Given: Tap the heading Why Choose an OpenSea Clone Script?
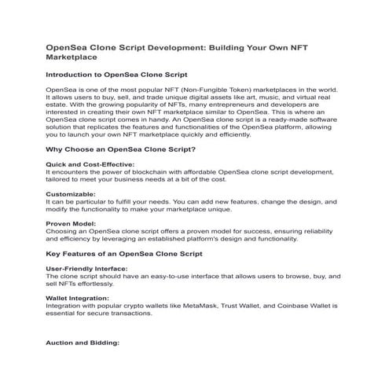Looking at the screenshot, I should click(121, 149).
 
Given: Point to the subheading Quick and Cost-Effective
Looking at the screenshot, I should click(90, 164).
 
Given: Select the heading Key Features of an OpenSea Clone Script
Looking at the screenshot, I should click(124, 254).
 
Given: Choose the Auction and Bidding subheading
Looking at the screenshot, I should click(83, 343).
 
